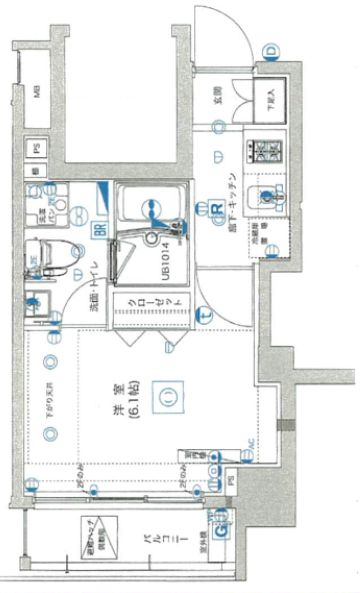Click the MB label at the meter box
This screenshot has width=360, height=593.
[36, 93]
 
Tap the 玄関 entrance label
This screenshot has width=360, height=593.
[215, 97]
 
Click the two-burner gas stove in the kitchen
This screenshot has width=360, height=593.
[267, 151]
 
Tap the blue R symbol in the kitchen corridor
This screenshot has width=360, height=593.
[215, 208]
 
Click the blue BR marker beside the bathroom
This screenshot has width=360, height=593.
[100, 228]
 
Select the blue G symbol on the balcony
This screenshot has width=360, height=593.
[217, 515]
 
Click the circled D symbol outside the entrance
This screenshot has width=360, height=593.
[270, 51]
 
